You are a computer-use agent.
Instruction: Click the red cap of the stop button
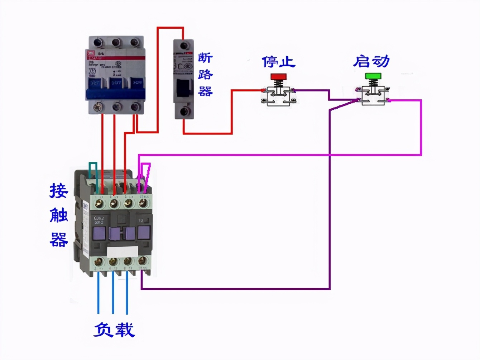click(x=278, y=77)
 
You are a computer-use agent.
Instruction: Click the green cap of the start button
click(x=373, y=76)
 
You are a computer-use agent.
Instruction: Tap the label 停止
click(x=278, y=62)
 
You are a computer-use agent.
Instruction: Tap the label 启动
click(x=371, y=61)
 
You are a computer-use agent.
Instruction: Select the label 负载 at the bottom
click(x=114, y=330)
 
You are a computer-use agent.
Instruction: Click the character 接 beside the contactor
click(x=59, y=191)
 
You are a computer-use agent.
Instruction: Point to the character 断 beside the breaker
click(x=205, y=58)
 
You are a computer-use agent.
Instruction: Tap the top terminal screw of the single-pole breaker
click(x=184, y=46)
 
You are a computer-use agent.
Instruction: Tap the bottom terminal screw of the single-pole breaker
click(x=184, y=112)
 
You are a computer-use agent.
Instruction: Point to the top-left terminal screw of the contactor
click(x=99, y=204)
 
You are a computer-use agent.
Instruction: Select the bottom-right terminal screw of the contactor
click(x=143, y=261)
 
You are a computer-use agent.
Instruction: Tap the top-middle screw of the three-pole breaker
click(x=116, y=43)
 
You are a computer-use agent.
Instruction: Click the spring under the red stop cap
click(x=278, y=84)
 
